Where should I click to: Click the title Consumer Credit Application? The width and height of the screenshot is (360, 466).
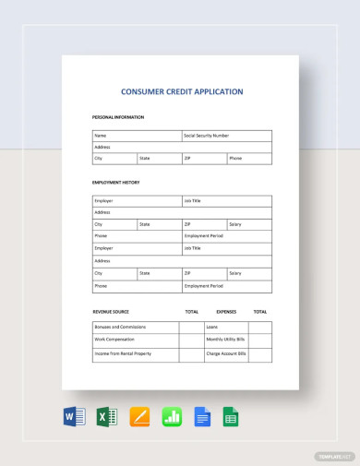tap(182, 92)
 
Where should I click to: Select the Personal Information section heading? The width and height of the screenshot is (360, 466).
tap(118, 117)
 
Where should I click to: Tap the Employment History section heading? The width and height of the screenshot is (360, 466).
tap(115, 183)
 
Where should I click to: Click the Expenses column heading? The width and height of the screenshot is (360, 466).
tap(226, 312)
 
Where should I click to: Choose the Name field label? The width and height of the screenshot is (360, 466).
tap(101, 136)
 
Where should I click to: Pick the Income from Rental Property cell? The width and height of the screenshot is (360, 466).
tap(122, 353)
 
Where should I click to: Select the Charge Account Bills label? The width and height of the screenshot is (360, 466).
tap(226, 353)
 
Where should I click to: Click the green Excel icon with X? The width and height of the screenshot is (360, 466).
tap(106, 417)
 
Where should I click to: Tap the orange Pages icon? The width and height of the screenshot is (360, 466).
tap(139, 417)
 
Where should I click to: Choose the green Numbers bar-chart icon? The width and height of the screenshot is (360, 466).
tap(172, 417)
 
